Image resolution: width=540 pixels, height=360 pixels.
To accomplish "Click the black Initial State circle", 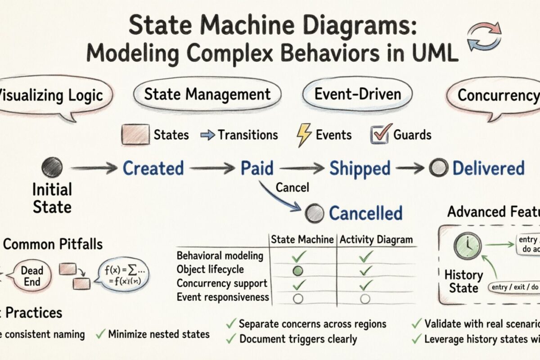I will point(52,167).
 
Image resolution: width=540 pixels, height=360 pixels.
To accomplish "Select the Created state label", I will point(153,168).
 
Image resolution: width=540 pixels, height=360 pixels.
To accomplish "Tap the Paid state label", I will point(256,168).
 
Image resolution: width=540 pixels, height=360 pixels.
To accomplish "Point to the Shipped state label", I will point(360,168).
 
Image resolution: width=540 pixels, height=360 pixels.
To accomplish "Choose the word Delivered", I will point(488,168).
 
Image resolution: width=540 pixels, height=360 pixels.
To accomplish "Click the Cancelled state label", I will point(365,213).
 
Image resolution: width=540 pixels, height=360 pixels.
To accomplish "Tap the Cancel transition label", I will point(292,187).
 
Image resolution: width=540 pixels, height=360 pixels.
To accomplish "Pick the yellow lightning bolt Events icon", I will point(304,135).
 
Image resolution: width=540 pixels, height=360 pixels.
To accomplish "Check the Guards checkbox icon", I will point(379,135).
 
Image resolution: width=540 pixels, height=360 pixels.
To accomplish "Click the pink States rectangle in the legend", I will point(135,135).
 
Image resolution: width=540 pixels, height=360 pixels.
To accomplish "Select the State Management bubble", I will point(207,94).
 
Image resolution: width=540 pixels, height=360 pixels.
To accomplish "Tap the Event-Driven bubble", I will point(357,94).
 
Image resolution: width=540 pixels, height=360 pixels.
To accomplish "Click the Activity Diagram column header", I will point(376,240).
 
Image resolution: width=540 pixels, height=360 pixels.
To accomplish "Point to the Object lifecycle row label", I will point(210,270).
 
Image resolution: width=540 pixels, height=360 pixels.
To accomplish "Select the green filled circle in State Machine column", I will point(298,270).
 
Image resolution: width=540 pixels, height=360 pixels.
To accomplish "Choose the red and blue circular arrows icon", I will point(484,36).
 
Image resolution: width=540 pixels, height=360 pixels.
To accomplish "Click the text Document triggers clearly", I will point(298,339).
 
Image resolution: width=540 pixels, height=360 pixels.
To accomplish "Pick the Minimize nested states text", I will point(158,334).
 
